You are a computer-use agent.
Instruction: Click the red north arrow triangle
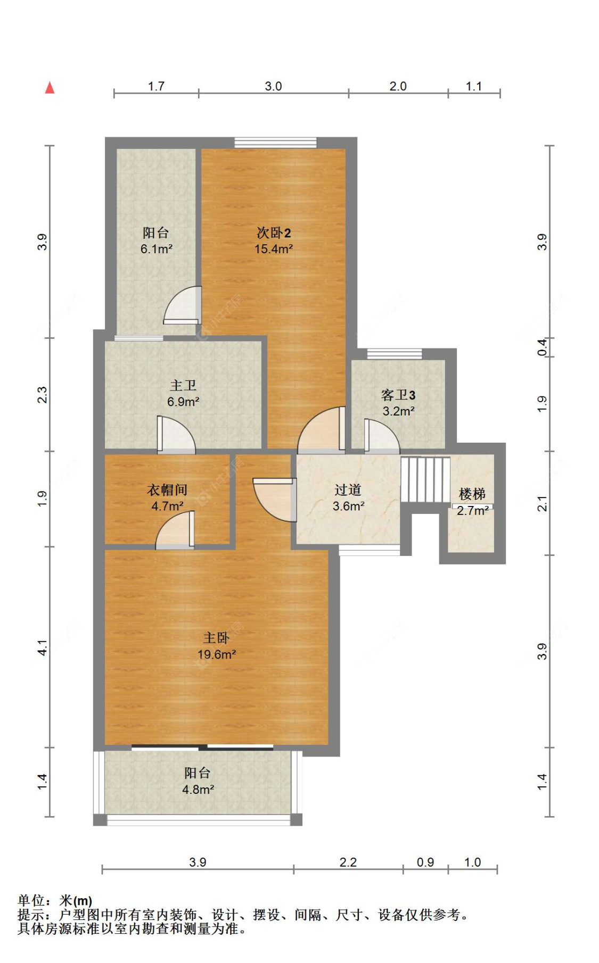click(x=50, y=87)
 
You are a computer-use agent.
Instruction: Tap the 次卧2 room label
click(x=274, y=233)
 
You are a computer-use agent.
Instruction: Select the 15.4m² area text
click(x=274, y=249)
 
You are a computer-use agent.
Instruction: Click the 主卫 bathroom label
click(x=183, y=385)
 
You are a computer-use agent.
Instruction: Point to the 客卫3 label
click(x=398, y=395)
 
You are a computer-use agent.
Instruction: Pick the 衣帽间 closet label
click(x=167, y=489)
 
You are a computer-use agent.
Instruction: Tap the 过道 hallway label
click(x=348, y=489)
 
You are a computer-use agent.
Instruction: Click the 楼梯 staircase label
click(x=472, y=494)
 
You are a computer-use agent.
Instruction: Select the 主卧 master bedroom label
click(x=216, y=637)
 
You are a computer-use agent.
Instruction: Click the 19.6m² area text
click(x=217, y=654)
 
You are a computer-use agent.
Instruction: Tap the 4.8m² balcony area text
click(x=198, y=790)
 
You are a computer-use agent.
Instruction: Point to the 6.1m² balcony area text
click(x=157, y=249)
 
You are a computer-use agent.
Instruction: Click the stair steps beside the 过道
click(x=425, y=479)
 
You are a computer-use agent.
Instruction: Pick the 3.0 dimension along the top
click(x=273, y=86)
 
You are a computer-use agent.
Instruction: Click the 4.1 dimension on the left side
click(x=43, y=647)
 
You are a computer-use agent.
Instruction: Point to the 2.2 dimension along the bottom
click(x=348, y=862)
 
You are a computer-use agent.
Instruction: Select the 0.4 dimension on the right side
click(x=542, y=347)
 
